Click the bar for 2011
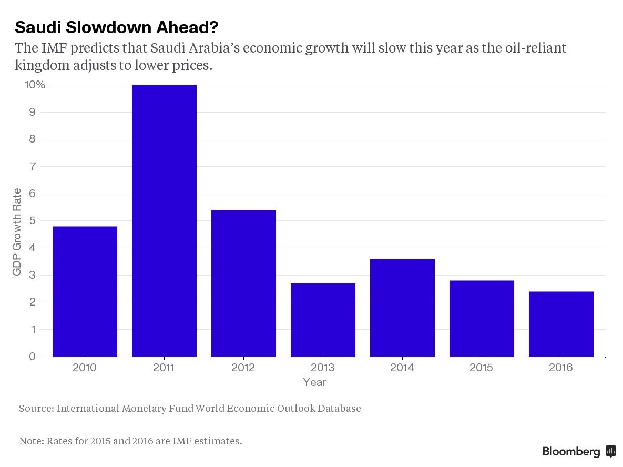[x=164, y=221]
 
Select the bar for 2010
[x=85, y=291]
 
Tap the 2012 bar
[x=243, y=283]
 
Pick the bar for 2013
[x=323, y=320]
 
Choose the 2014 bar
[x=402, y=308]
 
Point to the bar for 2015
[x=482, y=319]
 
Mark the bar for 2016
[x=561, y=324]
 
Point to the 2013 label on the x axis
[x=322, y=368]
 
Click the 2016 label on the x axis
[x=560, y=368]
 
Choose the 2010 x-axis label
[x=85, y=368]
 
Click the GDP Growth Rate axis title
[x=17, y=231]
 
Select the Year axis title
[x=314, y=382]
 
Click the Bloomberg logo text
[x=571, y=451]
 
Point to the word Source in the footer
[x=35, y=409]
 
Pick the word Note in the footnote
[x=30, y=441]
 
